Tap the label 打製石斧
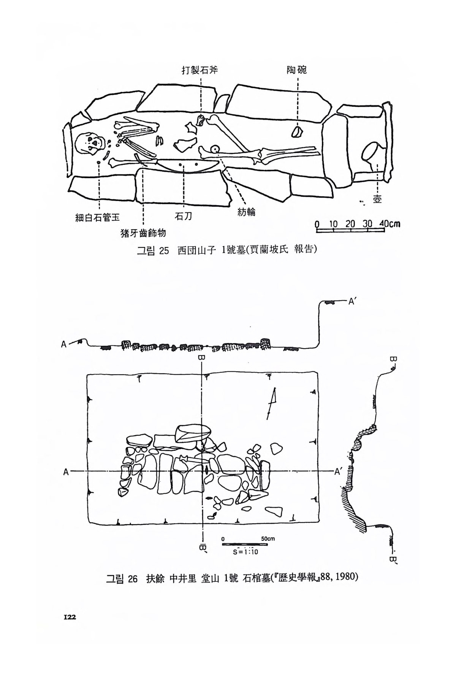click(x=199, y=70)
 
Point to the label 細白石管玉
click(x=98, y=217)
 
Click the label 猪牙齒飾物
click(x=143, y=233)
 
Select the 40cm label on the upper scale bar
click(x=389, y=223)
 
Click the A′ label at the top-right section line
click(x=352, y=301)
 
